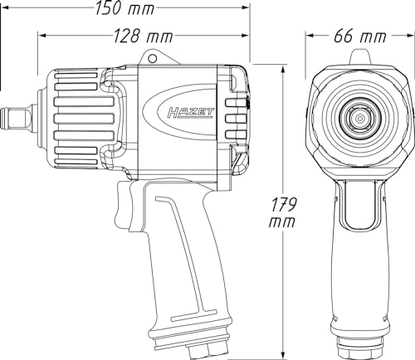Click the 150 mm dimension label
click(x=124, y=7)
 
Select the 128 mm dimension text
click(x=144, y=36)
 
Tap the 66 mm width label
click(x=359, y=36)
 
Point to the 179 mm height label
click(x=282, y=212)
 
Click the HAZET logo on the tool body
click(x=191, y=114)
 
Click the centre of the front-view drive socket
click(x=360, y=119)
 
